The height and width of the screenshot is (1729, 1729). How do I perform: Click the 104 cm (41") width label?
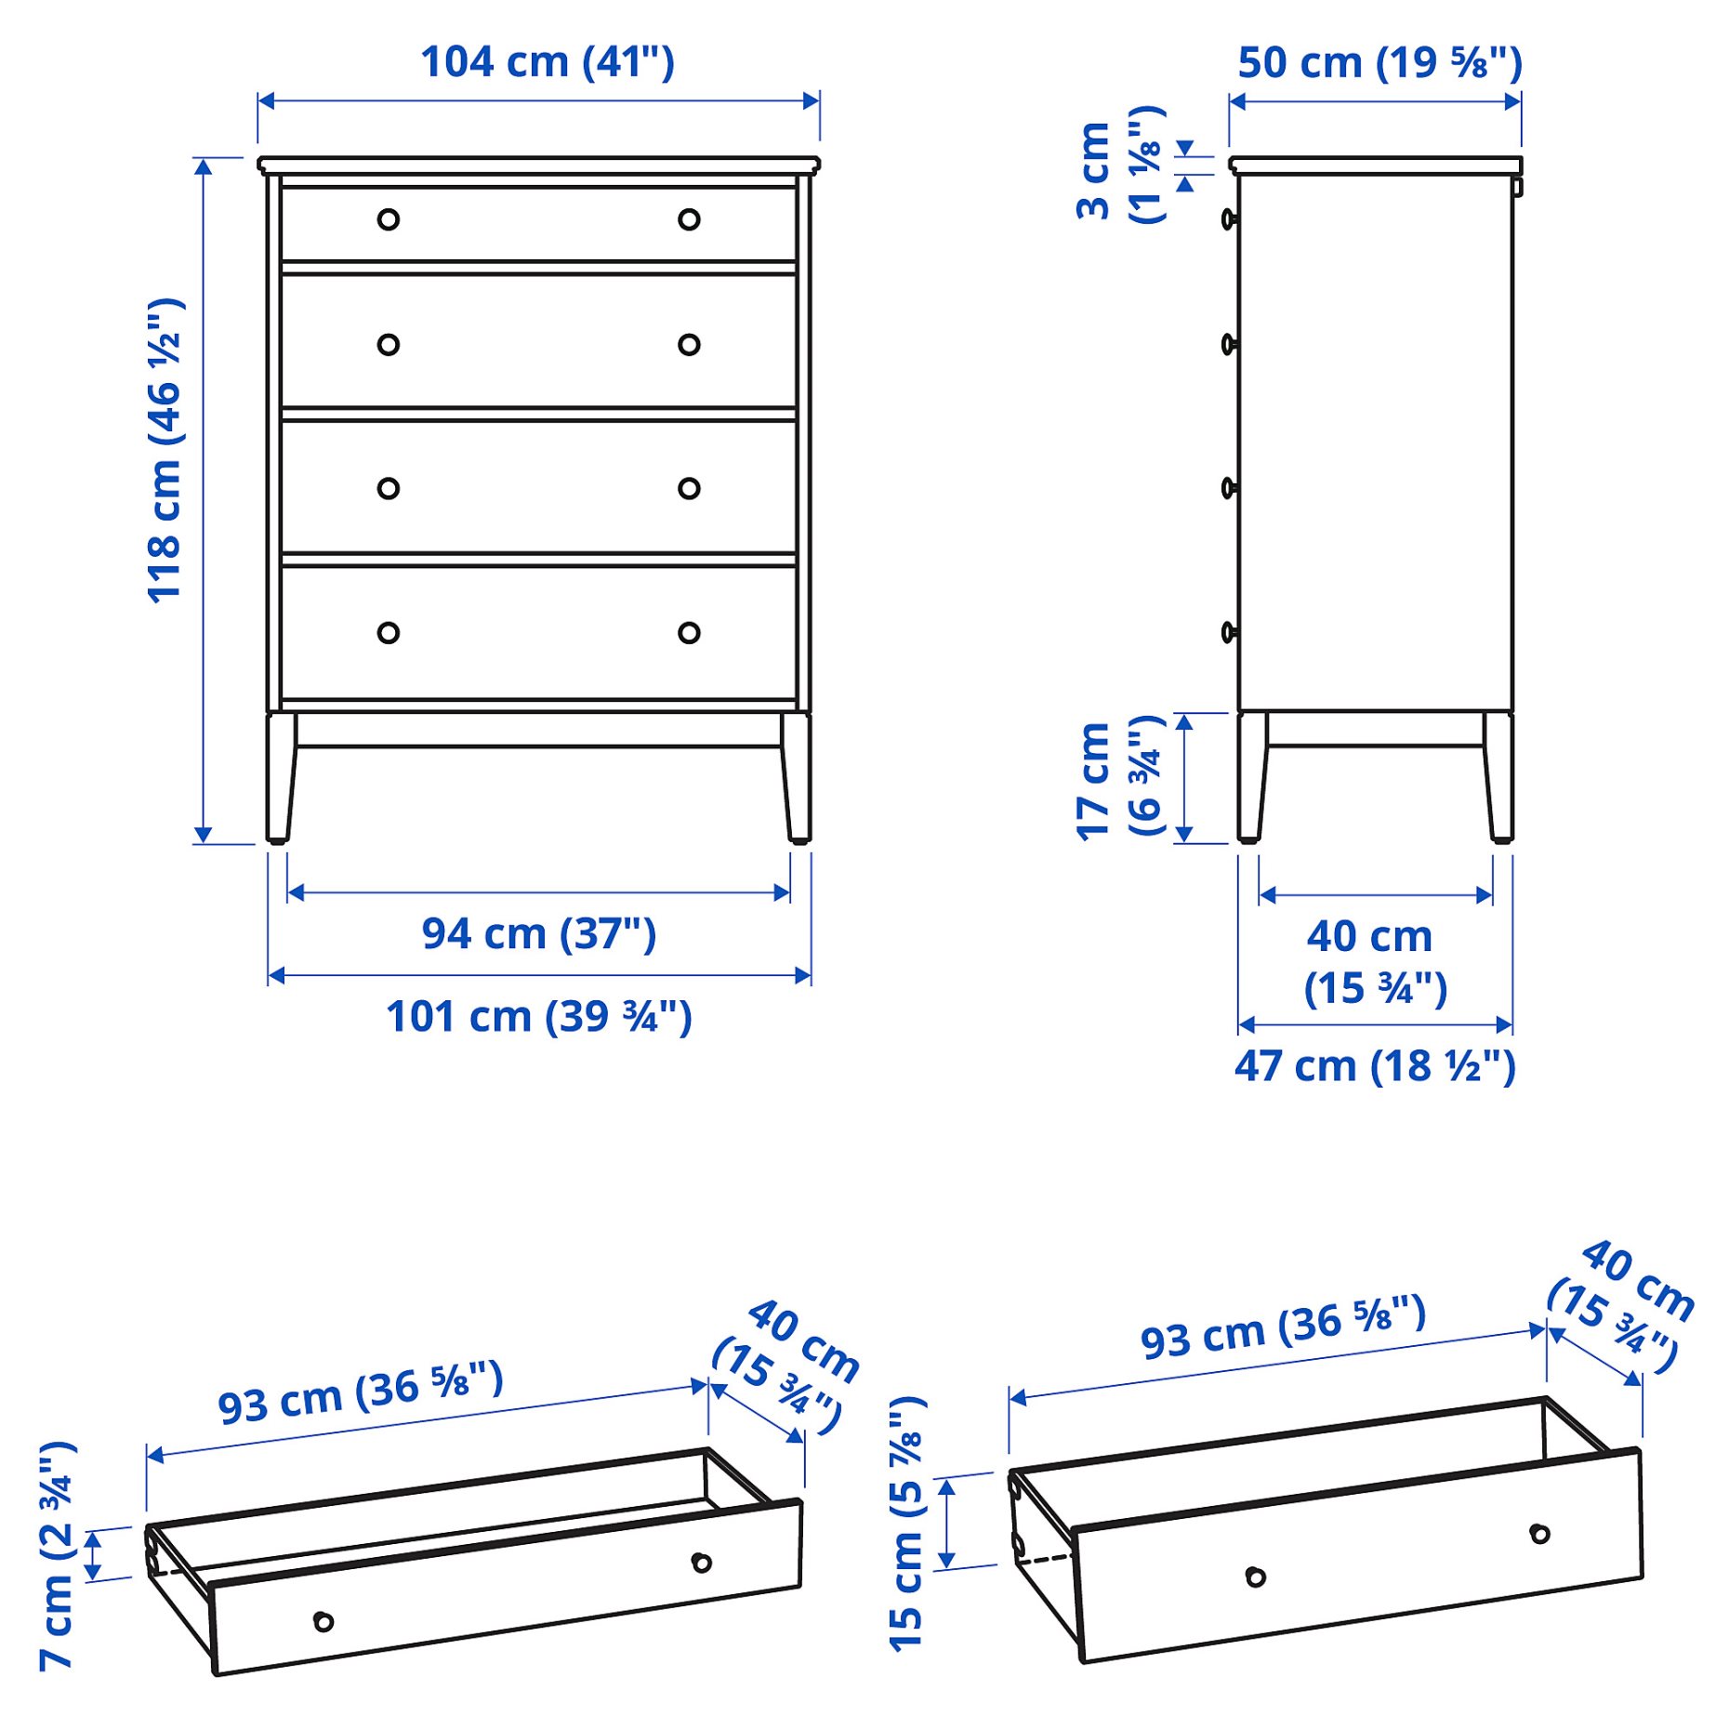547,62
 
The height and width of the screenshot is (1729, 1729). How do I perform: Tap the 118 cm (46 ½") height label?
165,451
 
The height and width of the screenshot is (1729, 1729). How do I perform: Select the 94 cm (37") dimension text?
539,933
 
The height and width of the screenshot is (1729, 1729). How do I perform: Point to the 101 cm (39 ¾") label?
539,1016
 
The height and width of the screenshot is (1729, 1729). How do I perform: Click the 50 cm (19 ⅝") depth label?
1379,62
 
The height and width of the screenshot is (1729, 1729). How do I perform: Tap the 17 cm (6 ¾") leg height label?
1119,779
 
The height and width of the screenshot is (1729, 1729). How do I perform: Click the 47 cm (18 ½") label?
1375,1066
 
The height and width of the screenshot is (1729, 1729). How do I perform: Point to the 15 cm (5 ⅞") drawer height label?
907,1524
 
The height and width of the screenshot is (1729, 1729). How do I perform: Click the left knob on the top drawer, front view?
389,219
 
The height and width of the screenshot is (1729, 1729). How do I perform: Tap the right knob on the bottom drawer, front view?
689,633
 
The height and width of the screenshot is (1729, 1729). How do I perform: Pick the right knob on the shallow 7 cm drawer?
702,1563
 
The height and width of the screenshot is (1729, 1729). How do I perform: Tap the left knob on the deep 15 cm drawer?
1256,1577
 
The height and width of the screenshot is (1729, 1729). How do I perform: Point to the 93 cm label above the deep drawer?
1283,1326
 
